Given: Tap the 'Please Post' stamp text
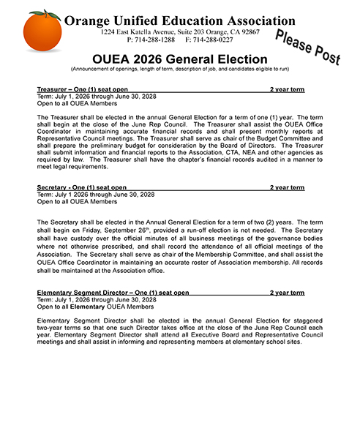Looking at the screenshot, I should (307, 48).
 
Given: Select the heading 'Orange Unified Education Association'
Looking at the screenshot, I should (179, 21).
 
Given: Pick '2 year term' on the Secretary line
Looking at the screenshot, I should (287, 187).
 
